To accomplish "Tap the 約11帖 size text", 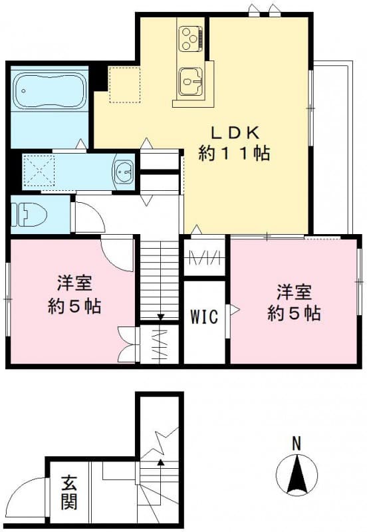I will [x=234, y=154].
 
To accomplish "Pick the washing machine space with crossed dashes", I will [x=39, y=172].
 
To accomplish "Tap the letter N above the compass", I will [x=297, y=442].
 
